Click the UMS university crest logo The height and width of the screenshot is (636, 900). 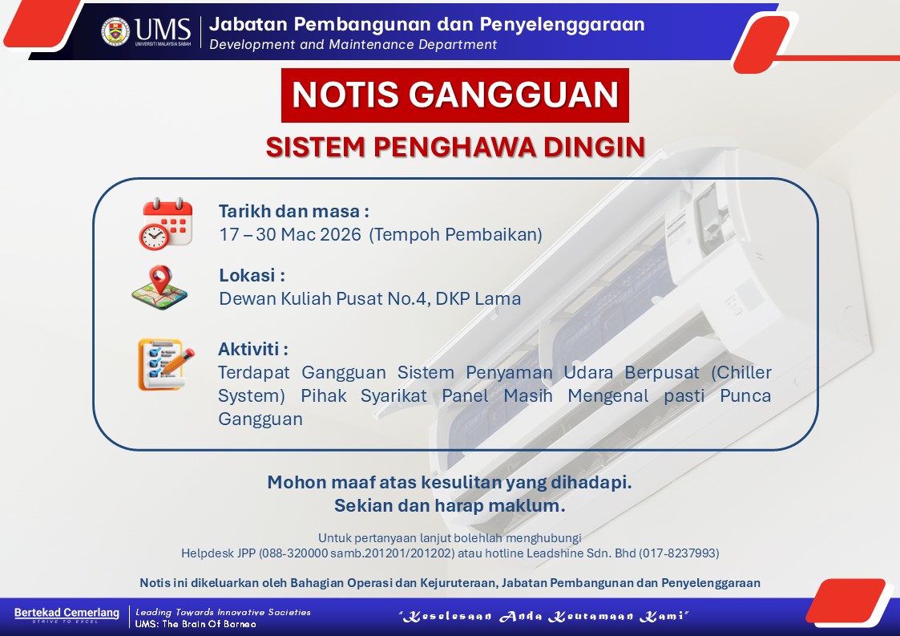tap(115, 31)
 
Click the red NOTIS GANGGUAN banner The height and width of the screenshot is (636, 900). tap(455, 95)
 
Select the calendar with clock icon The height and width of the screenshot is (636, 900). tap(165, 224)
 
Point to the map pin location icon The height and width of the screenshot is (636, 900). tap(159, 287)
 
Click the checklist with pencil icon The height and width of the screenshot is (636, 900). tap(166, 364)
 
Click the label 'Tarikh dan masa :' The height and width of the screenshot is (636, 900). tap(294, 212)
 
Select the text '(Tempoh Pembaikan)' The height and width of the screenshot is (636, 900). tap(456, 234)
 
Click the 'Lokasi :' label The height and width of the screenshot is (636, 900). tap(252, 275)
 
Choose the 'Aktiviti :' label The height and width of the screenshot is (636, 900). tap(253, 349)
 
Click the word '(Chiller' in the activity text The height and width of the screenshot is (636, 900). tap(741, 372)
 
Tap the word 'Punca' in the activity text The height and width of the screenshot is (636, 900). tap(745, 396)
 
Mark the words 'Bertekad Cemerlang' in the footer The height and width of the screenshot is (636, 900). tap(67, 613)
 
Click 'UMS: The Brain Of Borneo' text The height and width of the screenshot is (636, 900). tap(196, 624)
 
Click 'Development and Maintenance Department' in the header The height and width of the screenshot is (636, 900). tap(353, 45)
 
